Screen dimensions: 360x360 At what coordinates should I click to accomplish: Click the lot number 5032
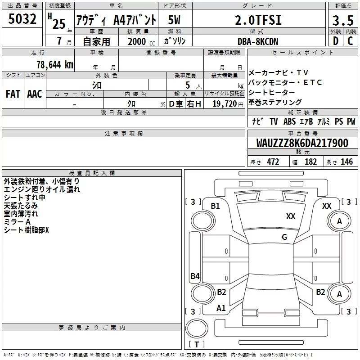22,19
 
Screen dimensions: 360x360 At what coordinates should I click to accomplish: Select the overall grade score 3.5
343,20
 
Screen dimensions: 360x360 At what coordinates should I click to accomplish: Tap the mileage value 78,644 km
55,65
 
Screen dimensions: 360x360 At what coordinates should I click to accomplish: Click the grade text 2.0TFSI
258,20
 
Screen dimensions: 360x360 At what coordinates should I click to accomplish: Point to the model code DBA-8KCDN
258,41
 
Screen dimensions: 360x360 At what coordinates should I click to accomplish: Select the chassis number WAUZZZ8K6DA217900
302,143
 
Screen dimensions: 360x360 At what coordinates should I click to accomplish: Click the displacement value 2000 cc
141,41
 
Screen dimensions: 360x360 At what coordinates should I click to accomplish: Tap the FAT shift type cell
13,94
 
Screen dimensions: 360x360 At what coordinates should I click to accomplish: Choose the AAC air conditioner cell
35,94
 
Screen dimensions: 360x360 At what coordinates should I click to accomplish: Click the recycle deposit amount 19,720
225,104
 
